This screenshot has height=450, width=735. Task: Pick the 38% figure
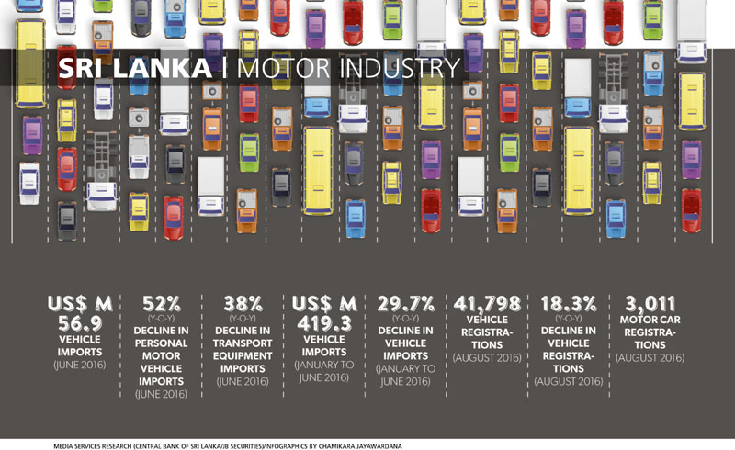(x=243, y=302)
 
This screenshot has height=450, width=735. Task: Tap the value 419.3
(x=322, y=323)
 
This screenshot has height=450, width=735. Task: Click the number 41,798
(x=489, y=302)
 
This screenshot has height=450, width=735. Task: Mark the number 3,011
(x=650, y=302)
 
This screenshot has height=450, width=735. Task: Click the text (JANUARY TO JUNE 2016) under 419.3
(x=322, y=372)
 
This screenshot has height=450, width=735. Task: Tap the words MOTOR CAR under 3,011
(x=650, y=321)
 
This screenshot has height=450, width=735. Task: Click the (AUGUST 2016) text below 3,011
(x=650, y=357)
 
